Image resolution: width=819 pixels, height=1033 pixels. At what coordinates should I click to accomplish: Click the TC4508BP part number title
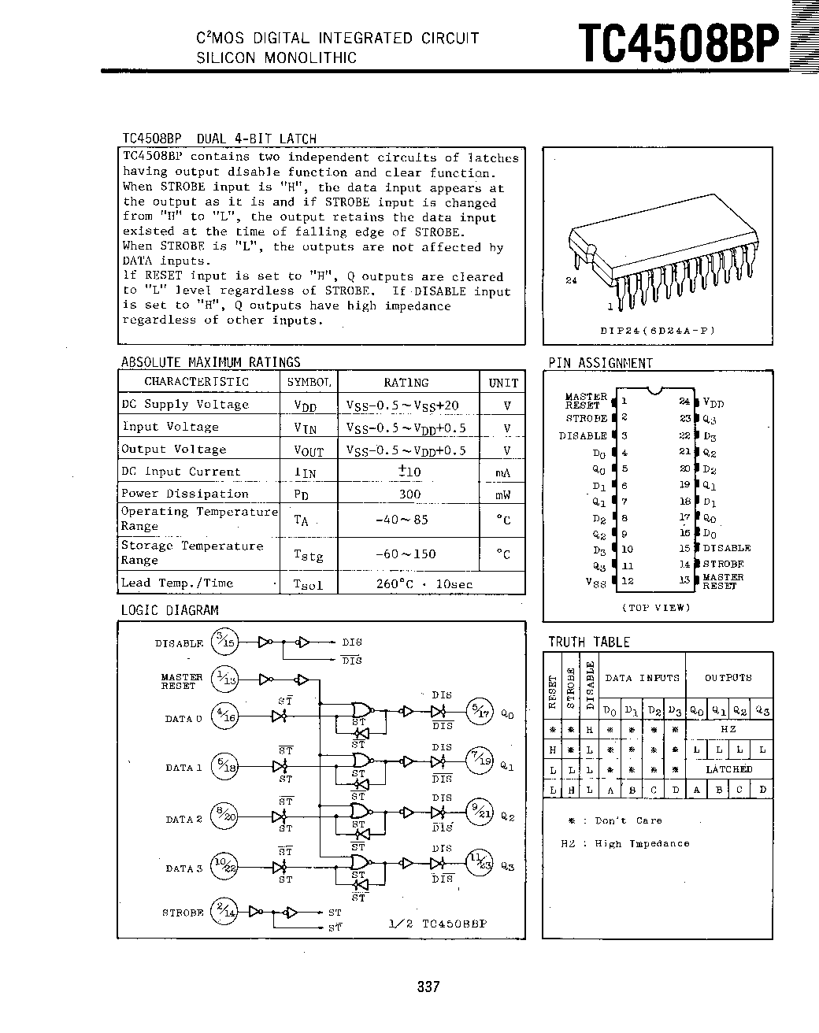point(678,44)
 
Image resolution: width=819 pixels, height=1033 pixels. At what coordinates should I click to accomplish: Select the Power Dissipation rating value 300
point(409,494)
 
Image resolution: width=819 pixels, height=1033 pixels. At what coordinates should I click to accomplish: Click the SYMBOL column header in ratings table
point(309,382)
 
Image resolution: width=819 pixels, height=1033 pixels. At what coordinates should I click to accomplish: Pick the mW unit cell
point(503,494)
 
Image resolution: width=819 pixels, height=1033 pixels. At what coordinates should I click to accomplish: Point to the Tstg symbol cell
point(308,554)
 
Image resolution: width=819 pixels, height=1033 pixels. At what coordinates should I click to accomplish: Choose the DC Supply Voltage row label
point(185,405)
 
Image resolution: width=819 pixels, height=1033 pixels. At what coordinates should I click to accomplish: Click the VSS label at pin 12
point(596,582)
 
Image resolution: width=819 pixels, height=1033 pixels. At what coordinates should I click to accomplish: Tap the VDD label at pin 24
point(713,402)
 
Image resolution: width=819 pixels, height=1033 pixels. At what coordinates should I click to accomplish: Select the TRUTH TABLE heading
point(589,642)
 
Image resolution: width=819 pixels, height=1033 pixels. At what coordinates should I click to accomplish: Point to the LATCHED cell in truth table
point(728,769)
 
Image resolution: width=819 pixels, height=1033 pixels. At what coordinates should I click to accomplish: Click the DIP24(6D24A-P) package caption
point(658,331)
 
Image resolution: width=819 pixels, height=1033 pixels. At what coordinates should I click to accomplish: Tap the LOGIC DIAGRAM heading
point(169,610)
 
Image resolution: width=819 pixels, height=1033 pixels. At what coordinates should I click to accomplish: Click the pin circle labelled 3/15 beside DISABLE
point(225,642)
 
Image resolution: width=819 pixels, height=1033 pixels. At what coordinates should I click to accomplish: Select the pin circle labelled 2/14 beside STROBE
point(225,912)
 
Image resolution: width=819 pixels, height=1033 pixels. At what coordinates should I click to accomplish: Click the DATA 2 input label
point(183,819)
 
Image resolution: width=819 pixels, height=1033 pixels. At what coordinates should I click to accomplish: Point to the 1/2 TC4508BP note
point(438,923)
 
